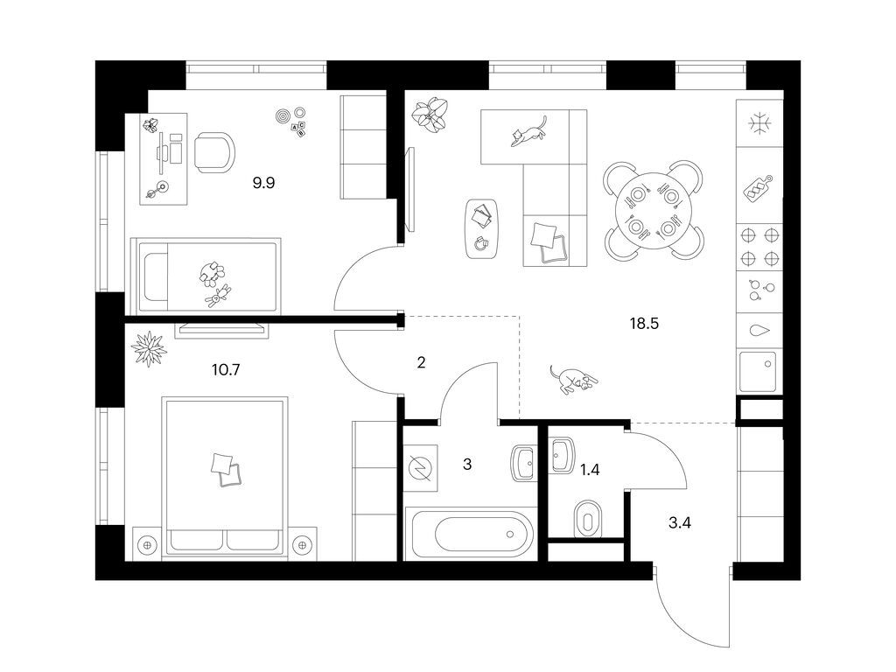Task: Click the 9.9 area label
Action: (x=263, y=183)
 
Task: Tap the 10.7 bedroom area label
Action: (x=226, y=370)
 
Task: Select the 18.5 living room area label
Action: (x=644, y=324)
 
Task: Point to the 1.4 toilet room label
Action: (x=590, y=470)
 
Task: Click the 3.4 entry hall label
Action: (x=679, y=522)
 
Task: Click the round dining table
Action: (x=653, y=211)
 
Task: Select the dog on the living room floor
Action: (x=572, y=379)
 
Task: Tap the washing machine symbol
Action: (x=421, y=468)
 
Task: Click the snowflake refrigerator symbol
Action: (x=759, y=123)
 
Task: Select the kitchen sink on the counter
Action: (x=758, y=371)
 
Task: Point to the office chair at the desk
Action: (x=214, y=152)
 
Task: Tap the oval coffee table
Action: (x=481, y=228)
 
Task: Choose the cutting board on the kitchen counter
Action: (x=758, y=188)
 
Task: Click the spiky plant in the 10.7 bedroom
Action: (x=149, y=348)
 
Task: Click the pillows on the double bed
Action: (x=227, y=470)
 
